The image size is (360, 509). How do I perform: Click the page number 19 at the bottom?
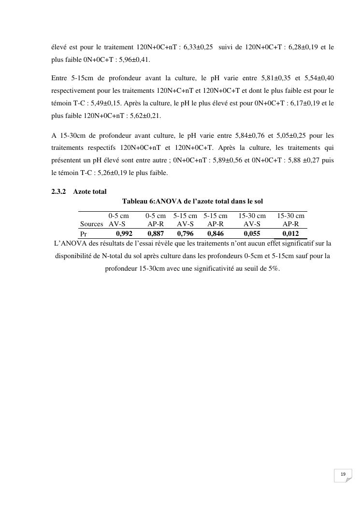click(x=343, y=474)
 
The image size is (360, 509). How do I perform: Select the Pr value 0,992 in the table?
click(x=124, y=233)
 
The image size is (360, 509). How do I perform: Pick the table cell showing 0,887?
click(x=156, y=233)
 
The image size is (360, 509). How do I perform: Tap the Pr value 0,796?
click(x=185, y=233)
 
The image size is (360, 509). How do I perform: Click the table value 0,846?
click(x=216, y=233)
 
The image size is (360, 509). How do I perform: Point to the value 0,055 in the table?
click(x=252, y=233)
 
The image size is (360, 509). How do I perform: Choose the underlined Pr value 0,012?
click(x=290, y=233)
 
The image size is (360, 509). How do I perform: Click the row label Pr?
click(x=84, y=234)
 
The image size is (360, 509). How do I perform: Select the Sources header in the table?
click(x=91, y=224)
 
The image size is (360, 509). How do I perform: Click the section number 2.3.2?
click(x=59, y=192)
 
